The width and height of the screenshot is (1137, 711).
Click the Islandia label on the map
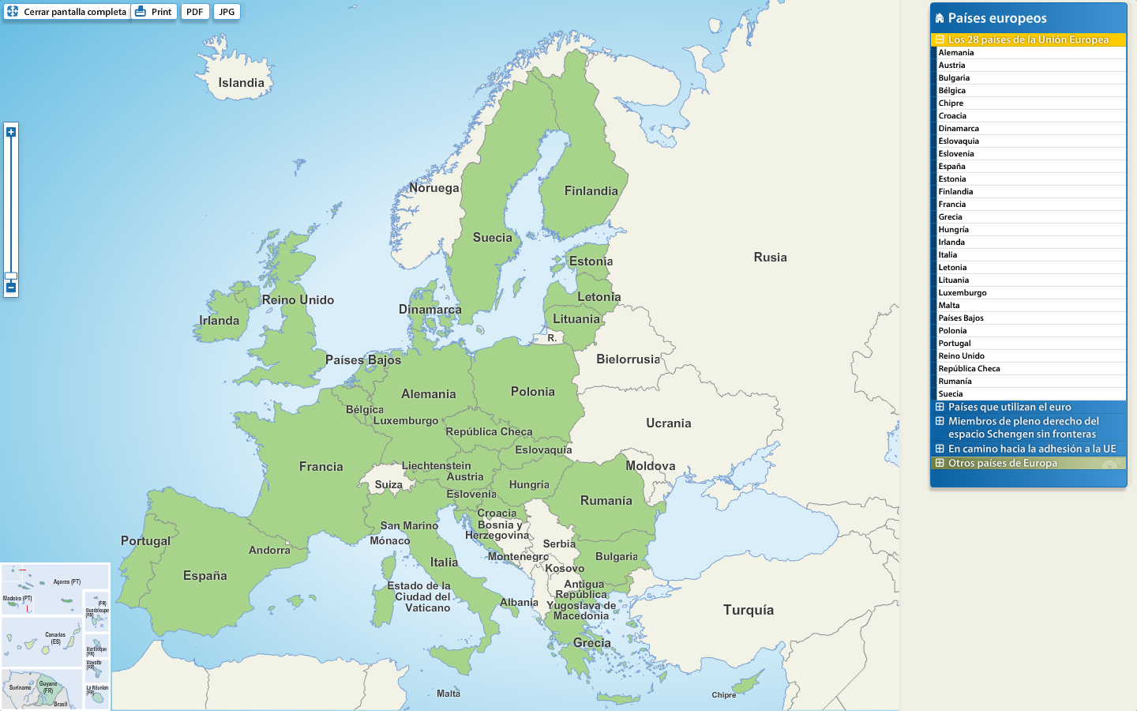(x=241, y=83)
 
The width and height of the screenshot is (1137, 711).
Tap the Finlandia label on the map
(x=591, y=191)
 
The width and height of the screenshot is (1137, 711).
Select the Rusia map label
(x=770, y=258)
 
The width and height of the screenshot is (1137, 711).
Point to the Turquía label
(x=748, y=610)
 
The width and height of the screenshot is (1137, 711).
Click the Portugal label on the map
(x=145, y=541)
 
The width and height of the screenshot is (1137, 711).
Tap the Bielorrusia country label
(x=628, y=359)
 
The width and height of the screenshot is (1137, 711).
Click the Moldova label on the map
(x=650, y=466)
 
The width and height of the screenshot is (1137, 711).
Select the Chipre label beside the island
(x=723, y=695)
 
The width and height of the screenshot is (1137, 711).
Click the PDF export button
(x=195, y=12)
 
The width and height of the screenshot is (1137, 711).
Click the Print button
(x=154, y=12)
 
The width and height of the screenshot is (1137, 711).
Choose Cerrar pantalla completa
(x=67, y=12)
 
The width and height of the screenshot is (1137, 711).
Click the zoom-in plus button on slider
(x=11, y=132)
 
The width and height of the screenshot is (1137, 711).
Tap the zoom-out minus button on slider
(x=11, y=288)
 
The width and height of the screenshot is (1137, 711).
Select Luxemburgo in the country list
(x=962, y=293)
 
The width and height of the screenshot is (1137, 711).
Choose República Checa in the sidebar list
(x=969, y=369)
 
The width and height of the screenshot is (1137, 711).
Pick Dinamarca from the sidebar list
(x=959, y=129)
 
